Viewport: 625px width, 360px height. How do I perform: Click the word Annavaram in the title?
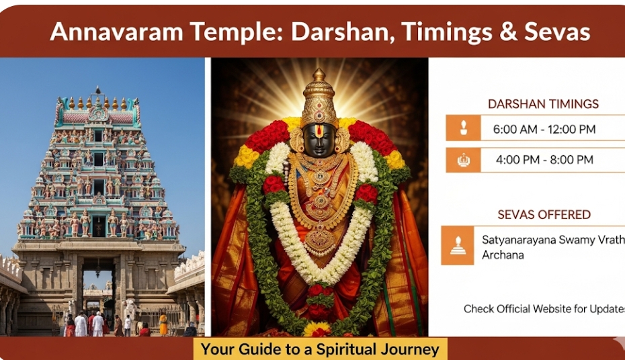(116, 32)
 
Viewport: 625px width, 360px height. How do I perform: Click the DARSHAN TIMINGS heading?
(543, 104)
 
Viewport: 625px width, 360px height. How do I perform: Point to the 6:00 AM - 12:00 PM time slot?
(544, 129)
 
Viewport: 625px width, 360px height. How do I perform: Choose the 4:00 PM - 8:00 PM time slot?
(544, 160)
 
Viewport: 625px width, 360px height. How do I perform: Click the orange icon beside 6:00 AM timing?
(463, 128)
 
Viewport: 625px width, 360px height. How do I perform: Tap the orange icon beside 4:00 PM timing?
(463, 160)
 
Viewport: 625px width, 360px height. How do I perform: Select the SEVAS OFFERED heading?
(544, 215)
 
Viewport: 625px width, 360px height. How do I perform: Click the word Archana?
(503, 255)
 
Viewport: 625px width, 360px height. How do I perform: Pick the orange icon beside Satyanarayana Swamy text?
(458, 245)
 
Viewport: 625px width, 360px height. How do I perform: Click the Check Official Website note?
(544, 309)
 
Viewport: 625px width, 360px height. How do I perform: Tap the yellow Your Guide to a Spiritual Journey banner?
(320, 349)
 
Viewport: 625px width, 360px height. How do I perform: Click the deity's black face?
(319, 140)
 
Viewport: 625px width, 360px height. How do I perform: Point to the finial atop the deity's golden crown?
(319, 75)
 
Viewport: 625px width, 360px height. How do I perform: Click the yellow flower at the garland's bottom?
(317, 328)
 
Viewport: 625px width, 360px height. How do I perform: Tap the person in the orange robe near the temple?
(163, 324)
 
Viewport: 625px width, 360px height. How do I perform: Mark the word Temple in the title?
(237, 32)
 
